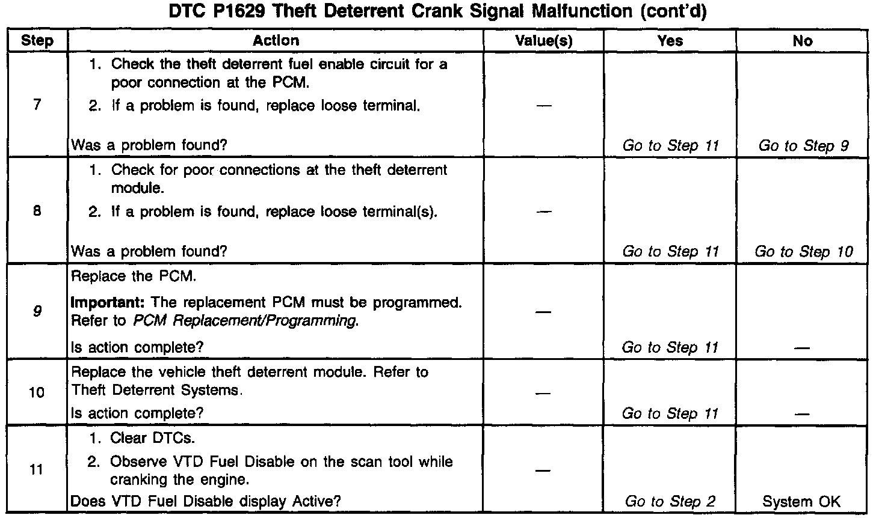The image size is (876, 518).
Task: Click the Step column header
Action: tap(37, 41)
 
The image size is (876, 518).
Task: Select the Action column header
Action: tap(276, 41)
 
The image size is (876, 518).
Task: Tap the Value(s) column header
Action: tap(544, 41)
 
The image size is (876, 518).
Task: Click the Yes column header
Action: tap(670, 41)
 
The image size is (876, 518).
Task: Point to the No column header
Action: tap(803, 41)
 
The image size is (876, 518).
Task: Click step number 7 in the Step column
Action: tap(37, 105)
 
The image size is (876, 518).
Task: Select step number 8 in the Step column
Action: tap(37, 212)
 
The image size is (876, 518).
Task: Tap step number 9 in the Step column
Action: tap(37, 311)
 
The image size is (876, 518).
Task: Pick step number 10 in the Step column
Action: tap(37, 392)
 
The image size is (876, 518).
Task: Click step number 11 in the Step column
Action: tap(37, 469)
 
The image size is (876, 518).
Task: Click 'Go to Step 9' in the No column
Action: tap(804, 145)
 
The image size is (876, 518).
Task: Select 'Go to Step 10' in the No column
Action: tap(804, 252)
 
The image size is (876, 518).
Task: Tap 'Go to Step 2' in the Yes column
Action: tap(670, 502)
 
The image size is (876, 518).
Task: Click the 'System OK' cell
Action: tap(801, 502)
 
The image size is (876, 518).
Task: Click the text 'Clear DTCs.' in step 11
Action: tap(153, 438)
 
